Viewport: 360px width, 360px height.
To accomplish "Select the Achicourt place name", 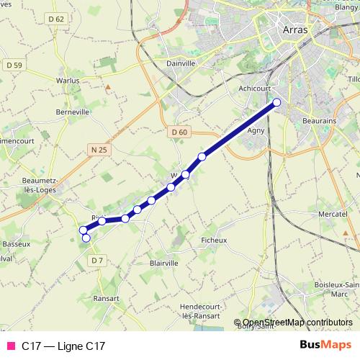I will point(253,89).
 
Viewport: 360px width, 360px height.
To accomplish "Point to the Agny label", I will point(256,131).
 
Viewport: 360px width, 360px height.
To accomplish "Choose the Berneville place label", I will point(73,112).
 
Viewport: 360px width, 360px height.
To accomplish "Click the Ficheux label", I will point(214,240).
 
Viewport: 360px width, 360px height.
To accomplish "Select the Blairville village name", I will point(163,264).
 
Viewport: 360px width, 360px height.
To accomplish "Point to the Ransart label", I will point(106,297).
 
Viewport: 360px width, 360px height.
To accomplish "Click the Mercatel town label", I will point(333,215).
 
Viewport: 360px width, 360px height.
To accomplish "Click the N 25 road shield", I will point(99,150).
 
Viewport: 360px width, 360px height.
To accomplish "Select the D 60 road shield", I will point(179,132).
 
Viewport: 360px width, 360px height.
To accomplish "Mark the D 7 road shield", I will point(99,260).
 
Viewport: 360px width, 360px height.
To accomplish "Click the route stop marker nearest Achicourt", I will point(276,102).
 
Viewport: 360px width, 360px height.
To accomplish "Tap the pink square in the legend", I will point(11,346).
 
